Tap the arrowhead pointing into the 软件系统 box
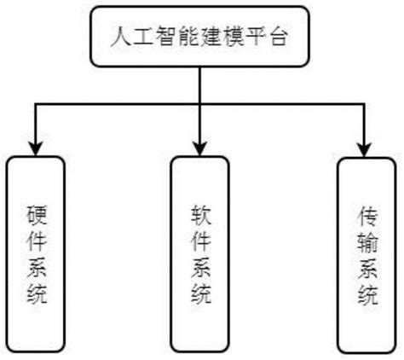click(200, 141)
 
